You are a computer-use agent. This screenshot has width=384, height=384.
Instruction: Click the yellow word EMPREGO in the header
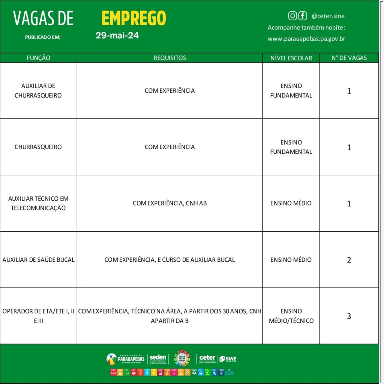[133, 18]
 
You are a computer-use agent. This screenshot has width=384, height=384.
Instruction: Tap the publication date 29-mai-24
[117, 36]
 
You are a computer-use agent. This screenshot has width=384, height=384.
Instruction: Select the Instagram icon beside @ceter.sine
[292, 16]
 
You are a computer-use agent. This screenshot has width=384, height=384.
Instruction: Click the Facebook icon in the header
[302, 16]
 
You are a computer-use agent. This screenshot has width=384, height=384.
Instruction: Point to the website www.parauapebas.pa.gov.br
[306, 39]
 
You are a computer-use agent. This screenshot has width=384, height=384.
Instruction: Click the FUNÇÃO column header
[38, 58]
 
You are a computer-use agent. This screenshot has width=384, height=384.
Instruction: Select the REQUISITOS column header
[169, 58]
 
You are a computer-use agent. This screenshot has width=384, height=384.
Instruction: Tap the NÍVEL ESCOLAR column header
[291, 58]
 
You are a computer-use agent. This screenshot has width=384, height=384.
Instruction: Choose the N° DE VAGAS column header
[349, 58]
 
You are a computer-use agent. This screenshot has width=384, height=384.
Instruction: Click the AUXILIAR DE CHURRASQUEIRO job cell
[38, 90]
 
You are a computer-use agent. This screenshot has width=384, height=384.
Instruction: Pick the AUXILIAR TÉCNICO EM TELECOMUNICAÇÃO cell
[38, 203]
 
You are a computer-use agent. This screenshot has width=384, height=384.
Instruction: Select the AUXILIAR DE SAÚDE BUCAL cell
[38, 259]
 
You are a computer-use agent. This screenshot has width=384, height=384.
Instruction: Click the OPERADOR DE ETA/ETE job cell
[38, 316]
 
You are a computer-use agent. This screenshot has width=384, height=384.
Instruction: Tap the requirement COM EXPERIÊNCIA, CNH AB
[169, 203]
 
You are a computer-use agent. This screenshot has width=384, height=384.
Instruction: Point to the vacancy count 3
[349, 316]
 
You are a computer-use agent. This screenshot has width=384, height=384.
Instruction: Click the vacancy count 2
[349, 259]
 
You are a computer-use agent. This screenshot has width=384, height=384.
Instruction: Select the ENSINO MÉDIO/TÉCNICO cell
[291, 316]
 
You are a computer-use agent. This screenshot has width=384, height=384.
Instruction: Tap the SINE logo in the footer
[228, 359]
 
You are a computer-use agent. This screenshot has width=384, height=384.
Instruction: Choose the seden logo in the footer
[157, 359]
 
